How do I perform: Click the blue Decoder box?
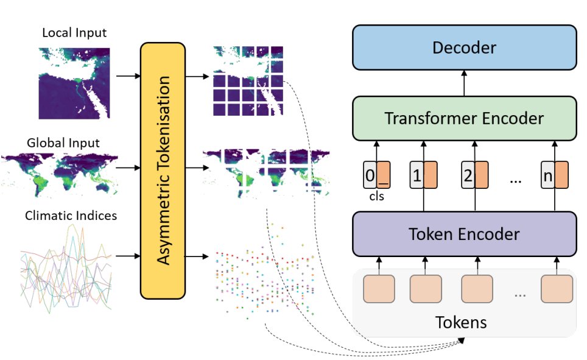pos(464,48)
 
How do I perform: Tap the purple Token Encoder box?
pos(464,234)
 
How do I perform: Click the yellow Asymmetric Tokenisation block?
pos(163,171)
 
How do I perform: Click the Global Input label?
pos(63,143)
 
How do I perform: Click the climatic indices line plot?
pos(66,266)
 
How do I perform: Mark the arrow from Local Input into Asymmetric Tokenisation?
pos(127,76)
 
